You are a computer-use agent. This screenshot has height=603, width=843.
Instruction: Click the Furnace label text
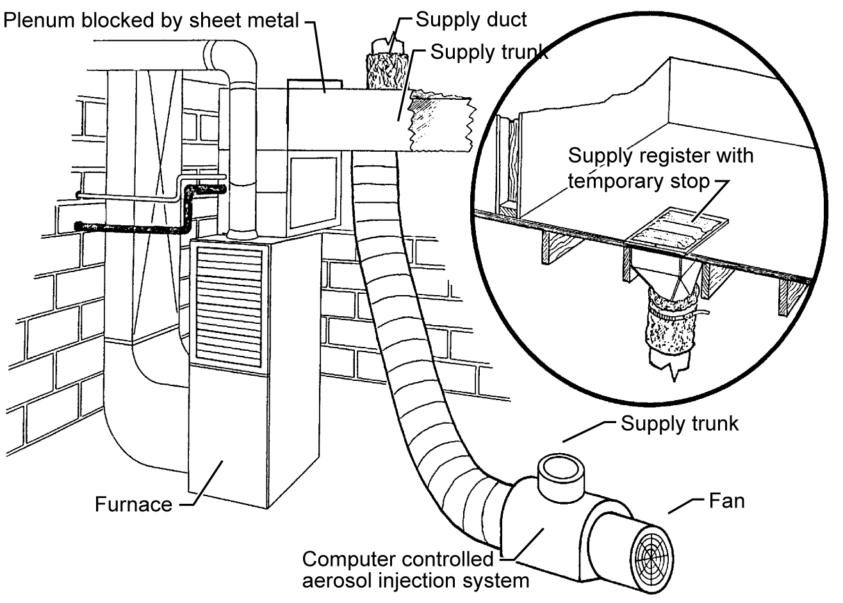pyautogui.click(x=133, y=504)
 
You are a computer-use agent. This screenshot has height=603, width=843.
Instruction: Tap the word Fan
pyautogui.click(x=727, y=500)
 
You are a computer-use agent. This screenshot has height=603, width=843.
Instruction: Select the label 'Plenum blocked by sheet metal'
pyautogui.click(x=151, y=20)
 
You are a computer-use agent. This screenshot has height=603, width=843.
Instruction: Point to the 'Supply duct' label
pyautogui.click(x=471, y=19)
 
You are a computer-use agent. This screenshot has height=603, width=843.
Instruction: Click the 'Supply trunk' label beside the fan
pyautogui.click(x=680, y=423)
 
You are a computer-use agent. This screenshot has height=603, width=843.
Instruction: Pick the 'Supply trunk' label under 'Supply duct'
pyautogui.click(x=488, y=52)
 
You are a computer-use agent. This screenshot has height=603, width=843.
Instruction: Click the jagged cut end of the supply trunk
pyautogui.click(x=442, y=125)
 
